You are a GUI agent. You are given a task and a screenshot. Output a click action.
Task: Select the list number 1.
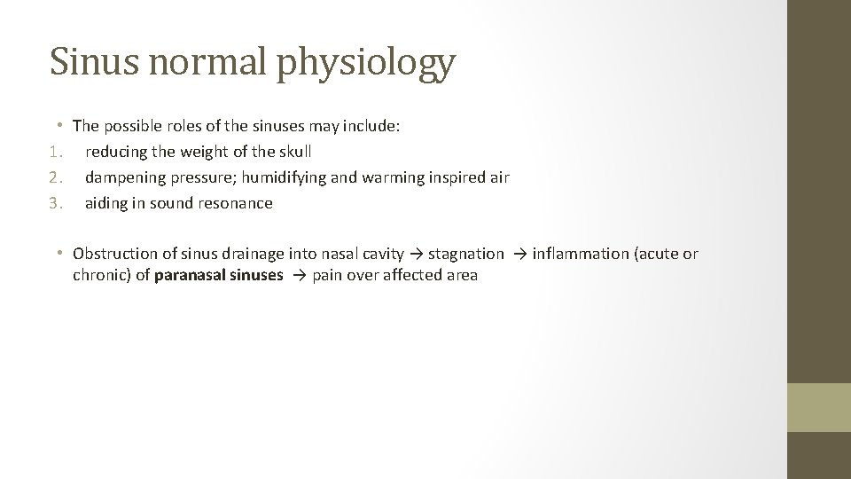pyautogui.click(x=55, y=152)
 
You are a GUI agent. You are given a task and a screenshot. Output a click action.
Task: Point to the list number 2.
pyautogui.click(x=55, y=177)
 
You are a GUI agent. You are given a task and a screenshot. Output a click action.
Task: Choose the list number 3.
pyautogui.click(x=55, y=203)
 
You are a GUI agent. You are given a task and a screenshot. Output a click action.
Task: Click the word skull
pyautogui.click(x=294, y=152)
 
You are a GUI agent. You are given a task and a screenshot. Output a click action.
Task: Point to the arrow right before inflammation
pyautogui.click(x=519, y=255)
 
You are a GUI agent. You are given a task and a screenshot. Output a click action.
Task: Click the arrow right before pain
pyautogui.click(x=299, y=276)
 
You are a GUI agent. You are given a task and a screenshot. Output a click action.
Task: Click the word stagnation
pyautogui.click(x=466, y=255)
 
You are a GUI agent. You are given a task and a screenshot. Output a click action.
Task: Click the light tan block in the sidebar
pyautogui.click(x=818, y=407)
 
